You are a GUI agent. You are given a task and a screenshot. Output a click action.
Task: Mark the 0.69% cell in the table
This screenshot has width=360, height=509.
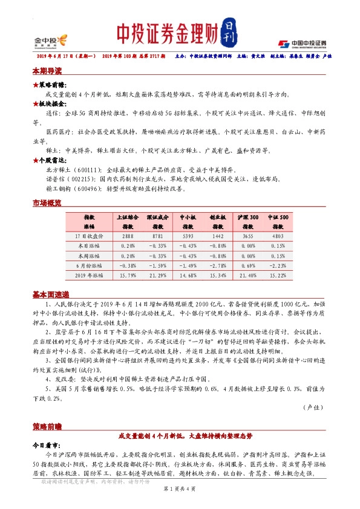[249, 265]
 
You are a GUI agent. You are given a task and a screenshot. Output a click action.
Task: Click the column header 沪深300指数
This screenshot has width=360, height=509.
[249, 220]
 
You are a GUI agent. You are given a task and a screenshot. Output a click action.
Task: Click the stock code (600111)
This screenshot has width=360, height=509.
[80, 170]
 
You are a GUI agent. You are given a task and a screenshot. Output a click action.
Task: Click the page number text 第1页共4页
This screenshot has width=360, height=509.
[180, 488]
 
